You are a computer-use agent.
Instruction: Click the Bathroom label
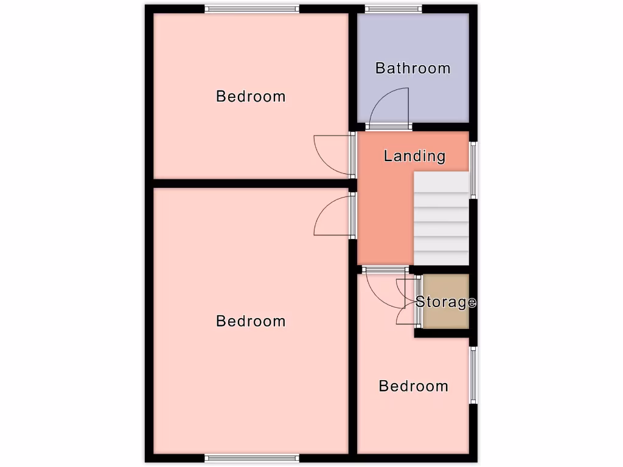click(412, 68)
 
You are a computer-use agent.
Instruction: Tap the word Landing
click(414, 156)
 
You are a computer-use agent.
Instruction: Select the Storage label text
click(445, 302)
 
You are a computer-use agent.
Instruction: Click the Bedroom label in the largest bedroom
click(251, 321)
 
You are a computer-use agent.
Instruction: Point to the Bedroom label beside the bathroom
click(251, 96)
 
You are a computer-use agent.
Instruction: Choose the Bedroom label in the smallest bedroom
click(413, 386)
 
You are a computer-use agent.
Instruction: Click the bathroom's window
click(393, 9)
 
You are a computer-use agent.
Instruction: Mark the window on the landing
click(473, 170)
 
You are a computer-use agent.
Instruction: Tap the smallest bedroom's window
click(473, 375)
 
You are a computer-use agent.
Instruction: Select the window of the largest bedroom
click(251, 458)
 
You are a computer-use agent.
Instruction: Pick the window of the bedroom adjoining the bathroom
click(251, 9)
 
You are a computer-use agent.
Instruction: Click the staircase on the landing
click(441, 219)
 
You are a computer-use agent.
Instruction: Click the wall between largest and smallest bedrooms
click(352, 365)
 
